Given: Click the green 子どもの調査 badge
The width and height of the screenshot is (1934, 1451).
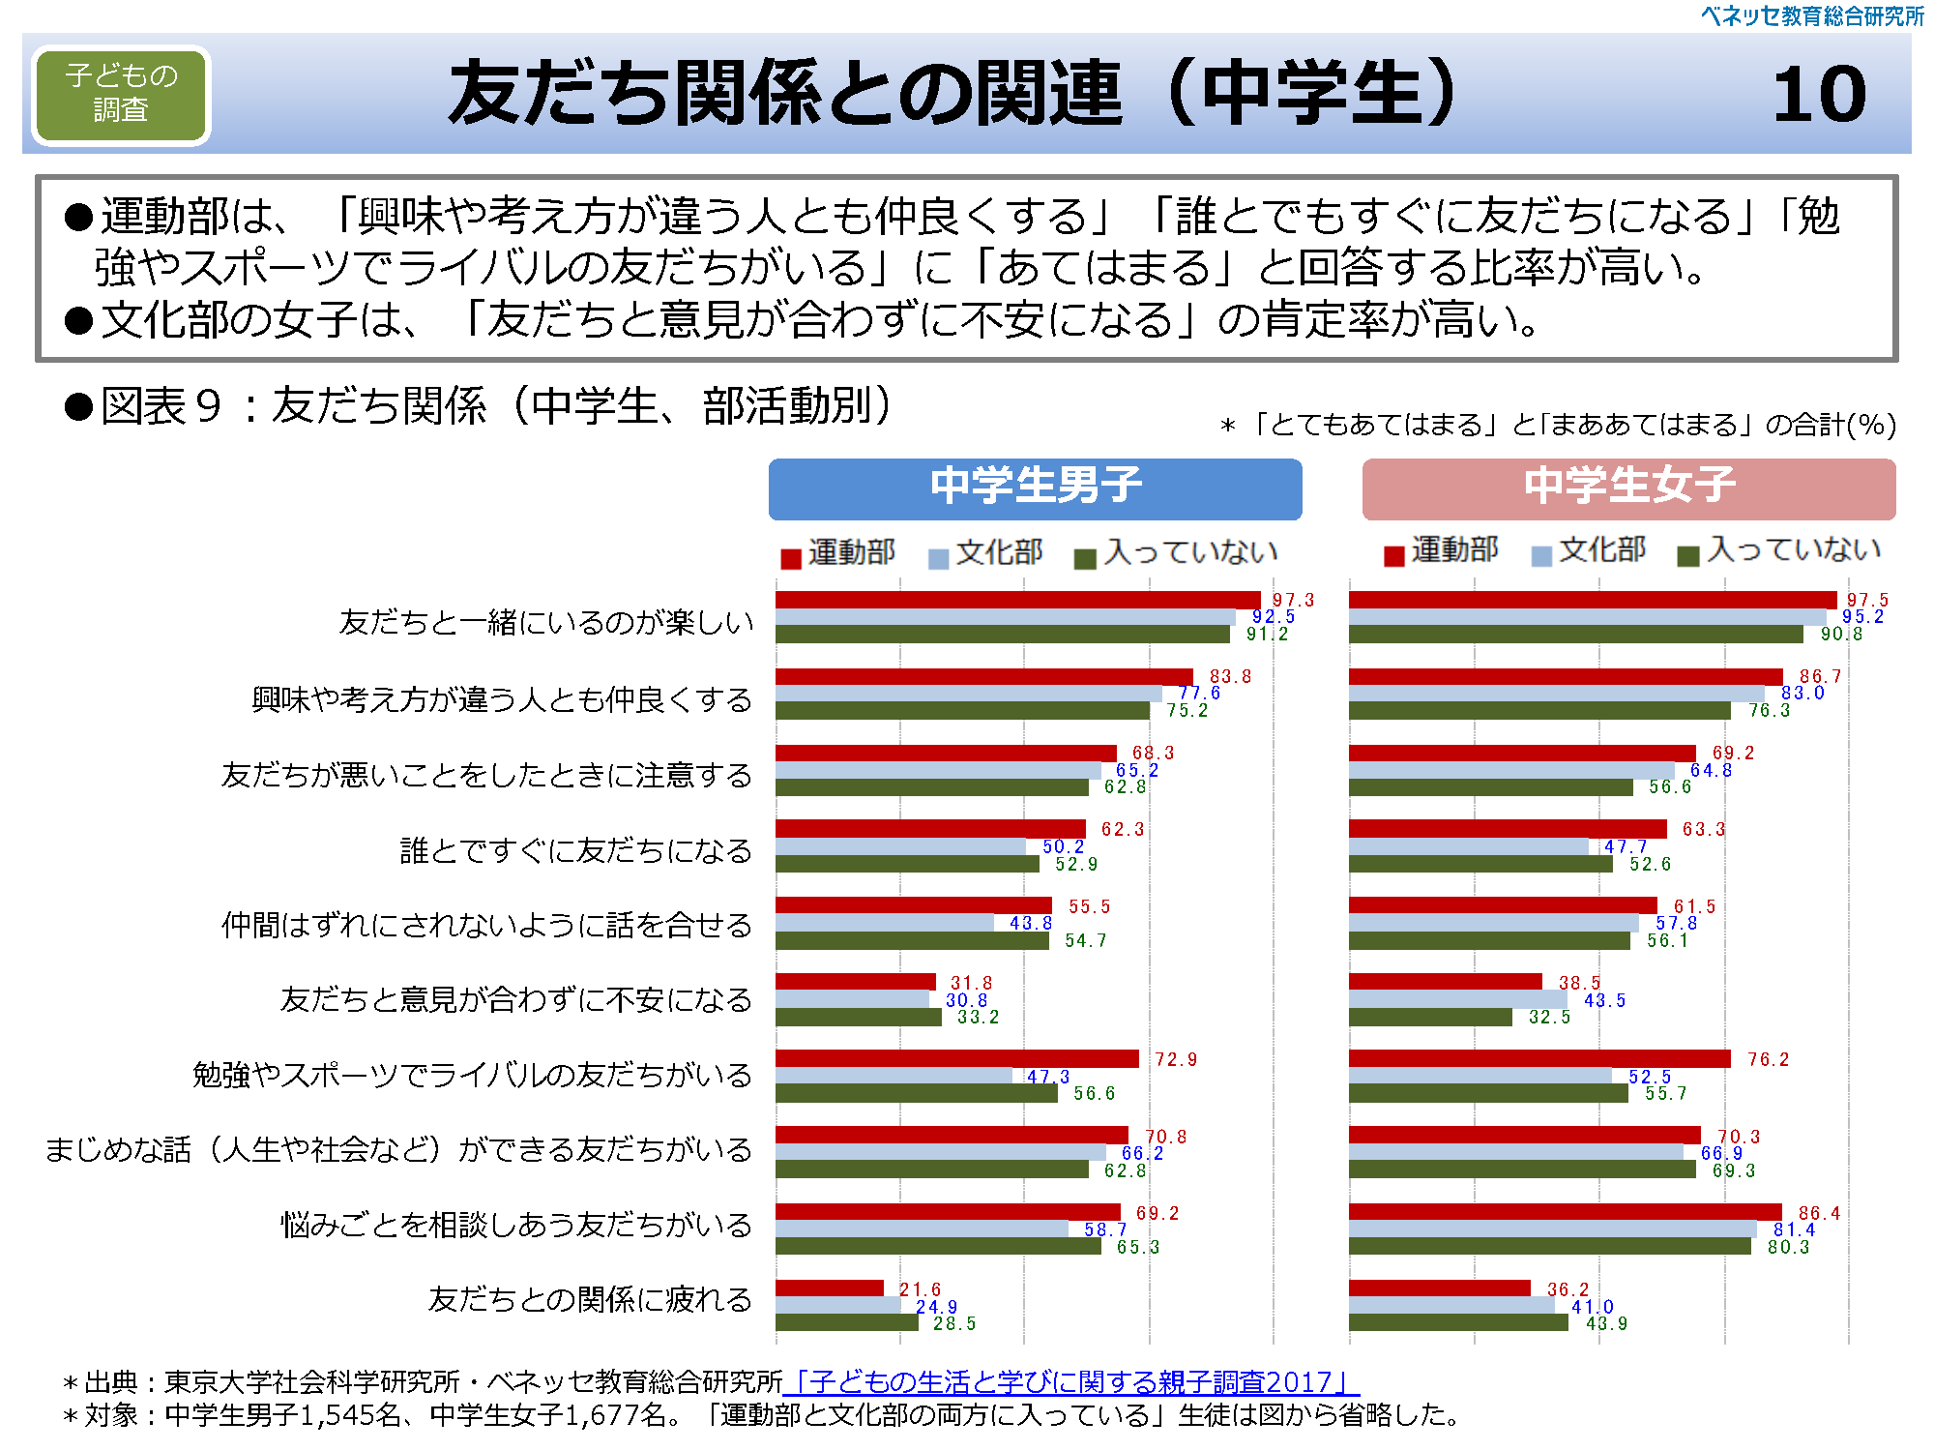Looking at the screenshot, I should click(121, 94).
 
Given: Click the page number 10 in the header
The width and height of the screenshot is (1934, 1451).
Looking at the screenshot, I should click(1819, 95).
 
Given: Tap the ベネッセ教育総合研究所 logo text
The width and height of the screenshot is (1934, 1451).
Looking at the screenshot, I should click(1812, 16).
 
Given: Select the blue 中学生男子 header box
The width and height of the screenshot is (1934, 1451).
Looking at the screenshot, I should click(1035, 488).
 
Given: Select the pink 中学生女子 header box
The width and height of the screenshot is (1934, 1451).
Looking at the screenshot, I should click(1628, 488).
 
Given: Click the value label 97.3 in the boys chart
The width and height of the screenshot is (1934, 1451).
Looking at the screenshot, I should click(1293, 601).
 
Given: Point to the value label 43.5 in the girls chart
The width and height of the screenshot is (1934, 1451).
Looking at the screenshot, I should click(1604, 1001).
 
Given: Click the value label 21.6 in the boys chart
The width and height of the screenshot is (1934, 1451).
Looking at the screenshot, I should click(920, 1289).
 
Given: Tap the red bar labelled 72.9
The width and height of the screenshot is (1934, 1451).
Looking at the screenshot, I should click(956, 1059).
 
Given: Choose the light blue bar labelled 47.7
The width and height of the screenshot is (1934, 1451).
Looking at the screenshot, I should click(1468, 846).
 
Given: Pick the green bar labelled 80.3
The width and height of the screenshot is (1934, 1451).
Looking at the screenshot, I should click(1549, 1247).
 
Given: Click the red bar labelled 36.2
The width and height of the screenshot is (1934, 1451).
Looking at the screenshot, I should click(1439, 1288).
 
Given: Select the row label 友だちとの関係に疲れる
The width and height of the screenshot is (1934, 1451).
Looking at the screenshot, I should click(590, 1299).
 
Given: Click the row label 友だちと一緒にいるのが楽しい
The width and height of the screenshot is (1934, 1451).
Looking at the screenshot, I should click(546, 622).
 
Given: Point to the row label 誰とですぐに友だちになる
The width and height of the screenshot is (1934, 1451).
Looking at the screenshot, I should click(575, 851).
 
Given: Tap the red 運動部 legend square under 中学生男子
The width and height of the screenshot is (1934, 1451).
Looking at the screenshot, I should click(791, 558).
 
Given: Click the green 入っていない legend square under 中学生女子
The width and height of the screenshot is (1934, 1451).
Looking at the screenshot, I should click(1688, 556).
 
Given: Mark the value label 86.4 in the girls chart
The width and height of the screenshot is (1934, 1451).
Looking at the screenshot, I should click(1819, 1213).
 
